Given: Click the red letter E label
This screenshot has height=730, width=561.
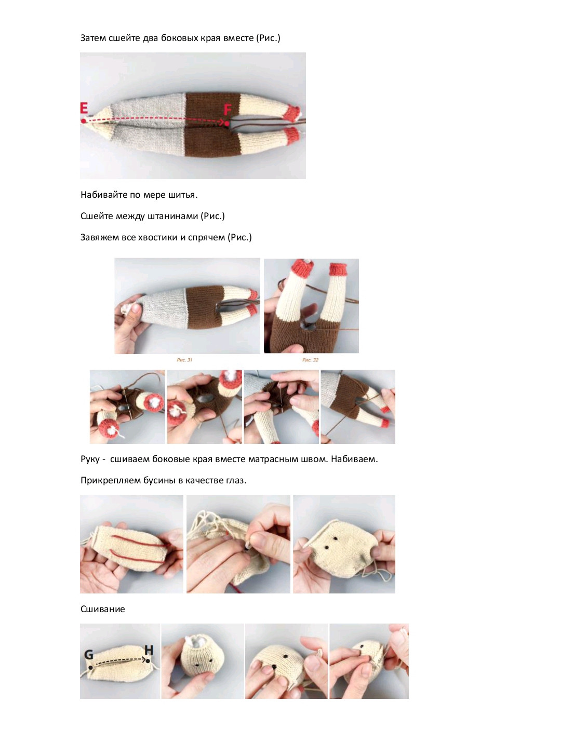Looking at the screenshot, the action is [x=84, y=108].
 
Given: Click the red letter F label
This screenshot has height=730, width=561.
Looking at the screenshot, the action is [x=228, y=110].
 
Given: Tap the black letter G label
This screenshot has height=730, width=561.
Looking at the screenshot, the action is [x=89, y=654].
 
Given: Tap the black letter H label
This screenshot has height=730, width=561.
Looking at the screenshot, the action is [x=149, y=650].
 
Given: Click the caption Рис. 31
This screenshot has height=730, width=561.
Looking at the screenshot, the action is [x=184, y=360].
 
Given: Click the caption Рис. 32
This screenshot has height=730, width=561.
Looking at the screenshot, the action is [x=310, y=360].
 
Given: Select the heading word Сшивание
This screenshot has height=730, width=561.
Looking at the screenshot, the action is [x=103, y=609].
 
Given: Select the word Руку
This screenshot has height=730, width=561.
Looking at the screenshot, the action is [x=90, y=459].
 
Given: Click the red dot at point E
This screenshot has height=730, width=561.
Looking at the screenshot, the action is [x=83, y=121].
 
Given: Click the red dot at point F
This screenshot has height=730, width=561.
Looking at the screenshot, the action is [x=227, y=124].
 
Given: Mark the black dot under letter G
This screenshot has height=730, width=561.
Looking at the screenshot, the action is [x=90, y=667].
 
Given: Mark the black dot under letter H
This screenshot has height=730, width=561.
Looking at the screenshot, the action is [x=148, y=661].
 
